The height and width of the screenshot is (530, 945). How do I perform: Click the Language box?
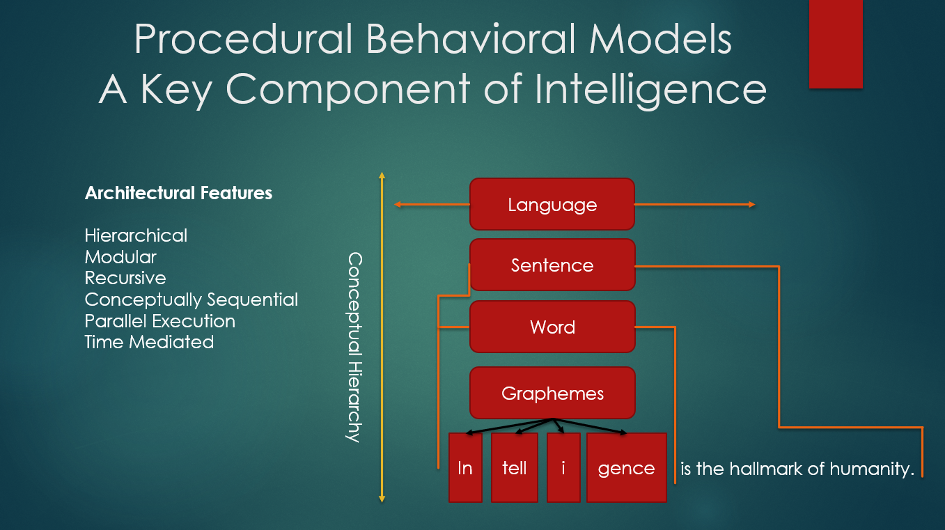[x=552, y=204]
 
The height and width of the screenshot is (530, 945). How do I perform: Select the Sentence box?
[x=552, y=265]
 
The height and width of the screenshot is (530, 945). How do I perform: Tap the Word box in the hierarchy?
[x=552, y=327]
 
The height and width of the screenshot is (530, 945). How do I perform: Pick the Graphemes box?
[x=552, y=393]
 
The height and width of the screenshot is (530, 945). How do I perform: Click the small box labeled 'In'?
[x=465, y=467]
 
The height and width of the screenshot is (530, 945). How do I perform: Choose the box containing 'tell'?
[x=514, y=467]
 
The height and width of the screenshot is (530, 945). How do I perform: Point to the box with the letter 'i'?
[x=563, y=467]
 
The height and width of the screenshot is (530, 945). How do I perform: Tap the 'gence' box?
[x=627, y=467]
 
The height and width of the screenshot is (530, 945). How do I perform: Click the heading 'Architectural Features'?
[x=178, y=193]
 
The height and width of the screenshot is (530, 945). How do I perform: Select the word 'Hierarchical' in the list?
[x=136, y=235]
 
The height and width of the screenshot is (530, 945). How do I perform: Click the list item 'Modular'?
[x=120, y=257]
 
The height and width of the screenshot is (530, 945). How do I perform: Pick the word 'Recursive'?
[x=125, y=278]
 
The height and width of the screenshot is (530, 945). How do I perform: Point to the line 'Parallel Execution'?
[x=160, y=321]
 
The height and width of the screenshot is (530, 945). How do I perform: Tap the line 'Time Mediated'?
[x=149, y=342]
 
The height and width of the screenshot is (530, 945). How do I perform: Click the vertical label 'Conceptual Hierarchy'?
[x=354, y=347]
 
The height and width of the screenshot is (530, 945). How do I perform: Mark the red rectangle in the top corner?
[x=836, y=44]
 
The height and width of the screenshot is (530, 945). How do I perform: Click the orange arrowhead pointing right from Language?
[x=752, y=205]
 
